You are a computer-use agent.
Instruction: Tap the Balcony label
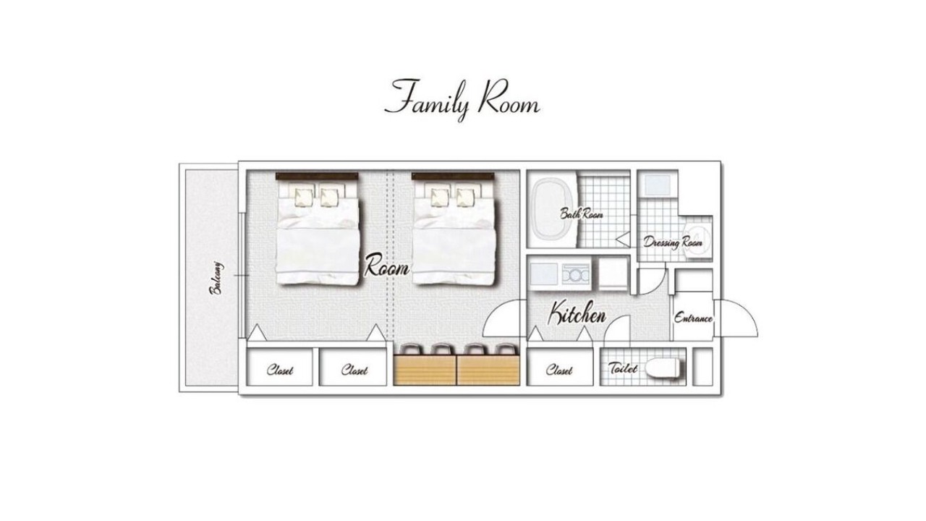click(x=216, y=278)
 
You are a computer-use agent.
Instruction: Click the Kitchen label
click(x=577, y=313)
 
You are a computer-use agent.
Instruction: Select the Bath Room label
click(x=581, y=213)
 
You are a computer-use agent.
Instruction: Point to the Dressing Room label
click(x=673, y=242)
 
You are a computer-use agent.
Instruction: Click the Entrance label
click(x=693, y=318)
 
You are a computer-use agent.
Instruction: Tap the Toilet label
click(x=623, y=368)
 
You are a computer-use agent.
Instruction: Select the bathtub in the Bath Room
click(x=552, y=211)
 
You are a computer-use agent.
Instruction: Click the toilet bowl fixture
click(x=662, y=368)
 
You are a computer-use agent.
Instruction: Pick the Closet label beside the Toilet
click(x=559, y=370)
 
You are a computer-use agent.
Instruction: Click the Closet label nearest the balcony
click(x=280, y=370)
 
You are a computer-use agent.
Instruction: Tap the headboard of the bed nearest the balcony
click(x=317, y=176)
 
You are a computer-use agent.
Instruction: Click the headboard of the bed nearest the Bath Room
click(x=453, y=176)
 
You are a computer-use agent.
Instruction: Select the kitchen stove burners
click(x=575, y=274)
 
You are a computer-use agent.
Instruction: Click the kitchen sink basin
click(x=543, y=274)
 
